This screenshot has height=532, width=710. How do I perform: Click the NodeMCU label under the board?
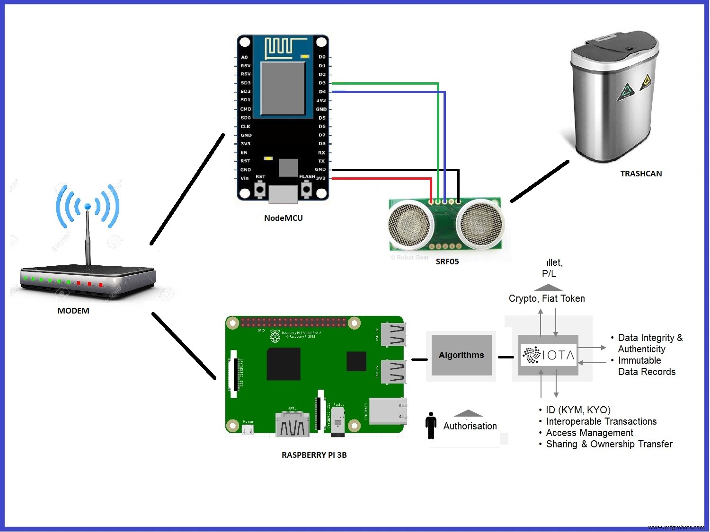(283, 218)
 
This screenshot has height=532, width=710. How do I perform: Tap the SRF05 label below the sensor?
(447, 262)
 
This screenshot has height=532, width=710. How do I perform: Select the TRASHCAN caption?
(641, 174)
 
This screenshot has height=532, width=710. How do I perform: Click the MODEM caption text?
(73, 311)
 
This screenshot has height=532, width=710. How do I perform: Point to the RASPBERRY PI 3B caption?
(314, 455)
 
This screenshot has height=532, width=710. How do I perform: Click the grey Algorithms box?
(461, 355)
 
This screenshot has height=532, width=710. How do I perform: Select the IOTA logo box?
(548, 355)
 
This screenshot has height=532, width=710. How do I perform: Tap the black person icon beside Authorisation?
(431, 425)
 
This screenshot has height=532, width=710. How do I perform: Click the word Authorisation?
(470, 426)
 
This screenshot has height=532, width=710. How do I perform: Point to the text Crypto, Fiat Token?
(547, 298)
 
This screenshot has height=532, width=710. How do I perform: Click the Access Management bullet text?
(589, 433)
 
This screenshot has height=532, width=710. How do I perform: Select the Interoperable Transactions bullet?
(601, 421)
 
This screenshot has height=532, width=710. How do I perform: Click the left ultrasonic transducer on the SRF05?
(410, 225)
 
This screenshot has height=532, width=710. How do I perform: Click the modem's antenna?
(88, 236)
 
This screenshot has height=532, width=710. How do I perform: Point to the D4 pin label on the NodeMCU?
(322, 92)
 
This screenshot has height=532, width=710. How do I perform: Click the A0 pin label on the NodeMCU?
(244, 57)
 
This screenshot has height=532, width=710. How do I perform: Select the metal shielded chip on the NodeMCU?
(283, 88)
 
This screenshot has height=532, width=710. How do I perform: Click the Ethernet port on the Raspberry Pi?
(388, 411)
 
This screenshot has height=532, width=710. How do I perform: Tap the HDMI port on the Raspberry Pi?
(292, 424)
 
